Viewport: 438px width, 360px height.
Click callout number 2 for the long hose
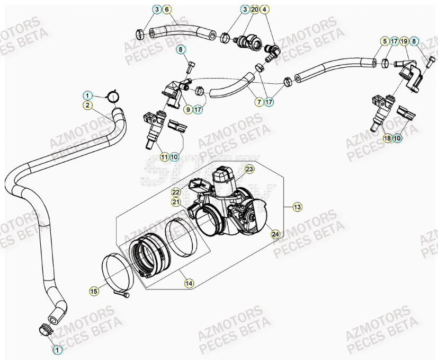[x=86, y=105]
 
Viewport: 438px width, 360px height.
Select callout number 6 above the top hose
[x=166, y=10]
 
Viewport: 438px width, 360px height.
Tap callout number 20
[x=254, y=10]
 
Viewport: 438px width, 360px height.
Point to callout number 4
[x=265, y=10]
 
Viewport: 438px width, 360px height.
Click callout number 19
[x=404, y=41]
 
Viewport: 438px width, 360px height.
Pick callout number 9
[x=187, y=110]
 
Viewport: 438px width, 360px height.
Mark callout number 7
[x=260, y=101]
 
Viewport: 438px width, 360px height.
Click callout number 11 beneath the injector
[x=165, y=157]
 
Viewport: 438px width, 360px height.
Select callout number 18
[x=387, y=138]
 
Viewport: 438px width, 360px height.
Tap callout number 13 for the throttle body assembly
[x=297, y=207]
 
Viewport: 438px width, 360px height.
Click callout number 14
[x=187, y=284]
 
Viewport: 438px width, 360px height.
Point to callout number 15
[x=94, y=291]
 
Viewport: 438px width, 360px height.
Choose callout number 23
[x=249, y=169]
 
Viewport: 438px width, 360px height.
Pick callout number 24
[x=275, y=234]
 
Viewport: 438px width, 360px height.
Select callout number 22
[x=176, y=192]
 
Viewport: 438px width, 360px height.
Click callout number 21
[x=176, y=201]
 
